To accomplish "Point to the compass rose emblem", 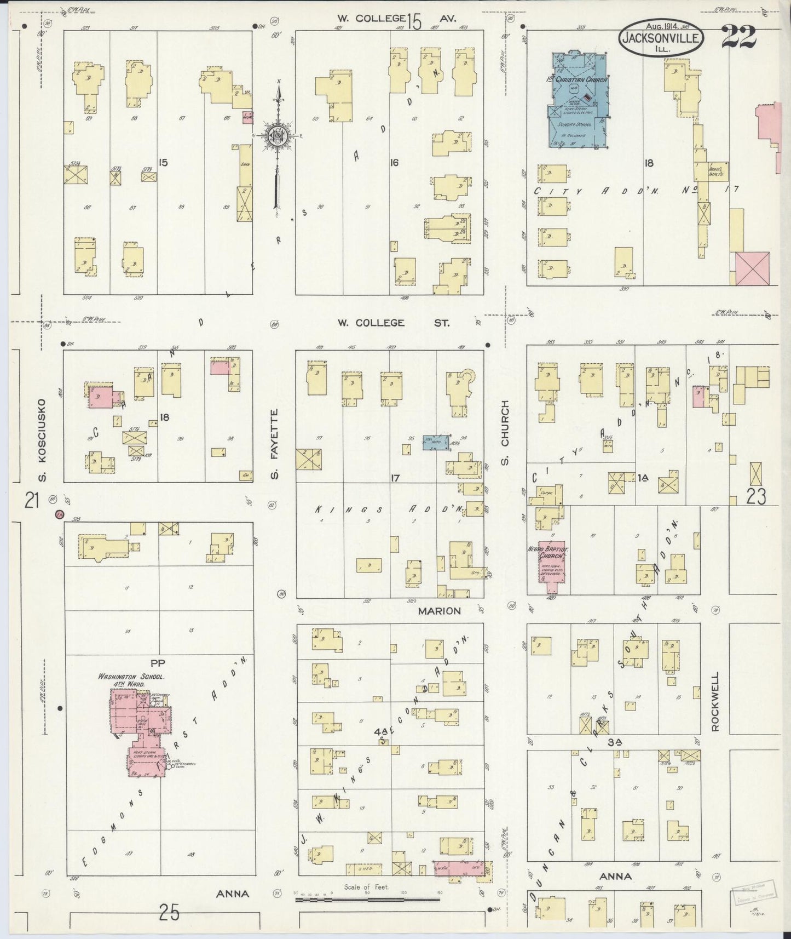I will (278, 135).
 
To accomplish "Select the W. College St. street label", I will (393, 323).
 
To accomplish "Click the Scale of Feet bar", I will (368, 900).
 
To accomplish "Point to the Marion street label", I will (441, 610).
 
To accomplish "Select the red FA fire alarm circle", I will (60, 514).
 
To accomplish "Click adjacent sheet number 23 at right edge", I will (755, 496).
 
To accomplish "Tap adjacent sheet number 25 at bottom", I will (169, 912).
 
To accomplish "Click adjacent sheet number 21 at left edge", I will (32, 500).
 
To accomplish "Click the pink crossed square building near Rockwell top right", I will (754, 268).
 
